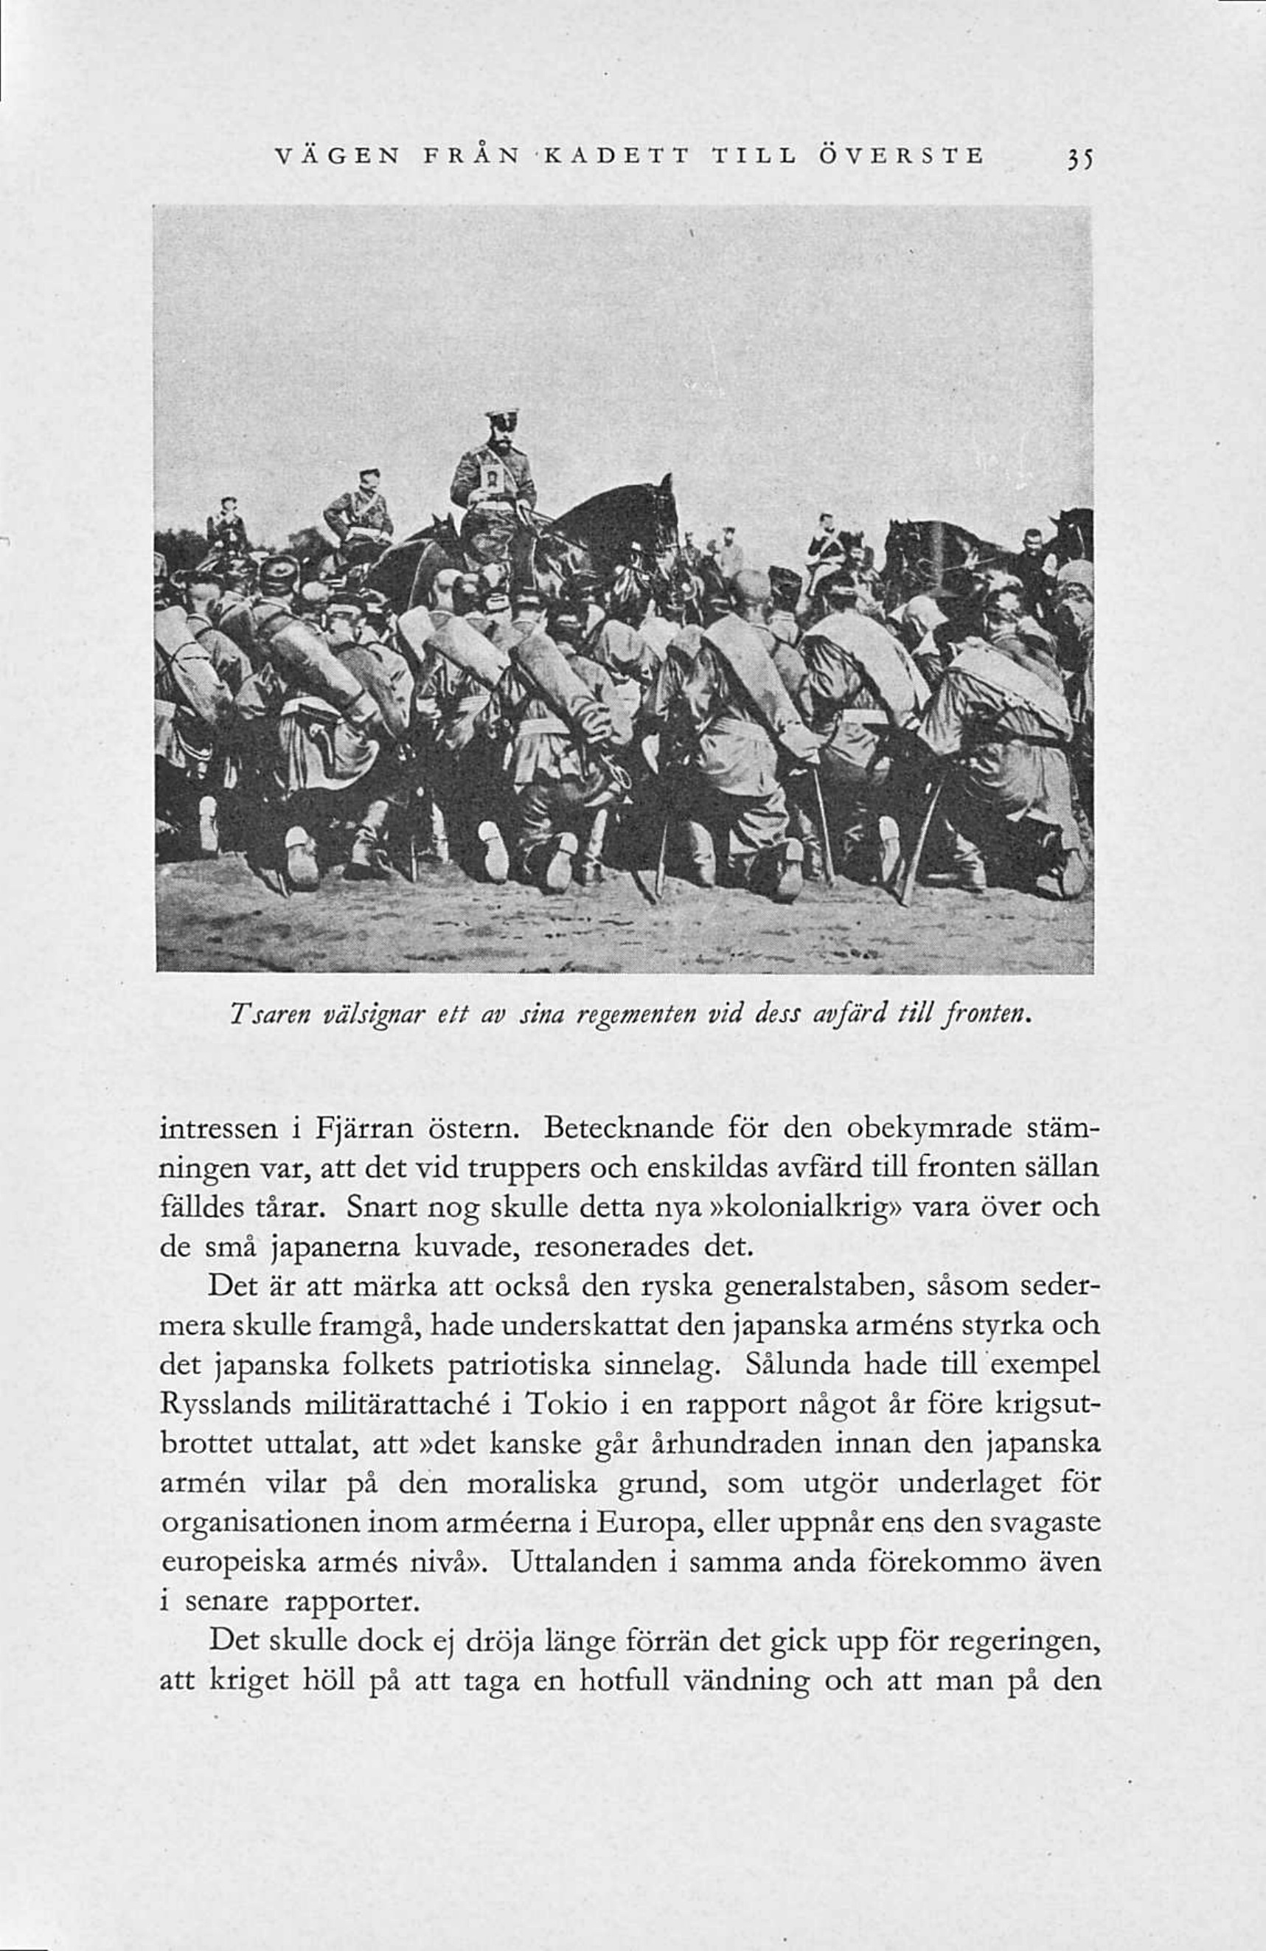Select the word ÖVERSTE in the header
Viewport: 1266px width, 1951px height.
(x=902, y=155)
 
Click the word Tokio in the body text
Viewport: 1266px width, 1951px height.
(x=566, y=1405)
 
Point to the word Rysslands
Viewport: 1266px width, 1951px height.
(x=225, y=1407)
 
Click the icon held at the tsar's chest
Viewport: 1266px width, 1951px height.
(x=490, y=478)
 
